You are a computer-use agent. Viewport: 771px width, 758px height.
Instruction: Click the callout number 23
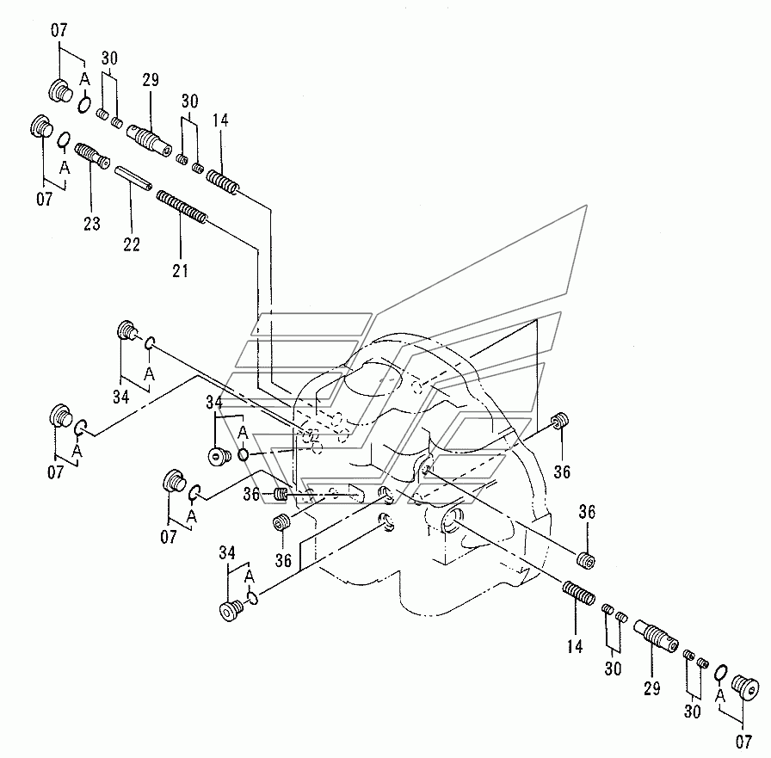tap(91, 225)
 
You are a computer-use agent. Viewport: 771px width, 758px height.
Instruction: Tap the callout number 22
tap(131, 243)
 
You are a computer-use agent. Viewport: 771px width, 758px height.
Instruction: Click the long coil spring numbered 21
tap(182, 210)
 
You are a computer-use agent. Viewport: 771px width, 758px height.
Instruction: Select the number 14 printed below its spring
tap(575, 646)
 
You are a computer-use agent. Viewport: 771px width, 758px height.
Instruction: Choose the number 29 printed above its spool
tap(151, 80)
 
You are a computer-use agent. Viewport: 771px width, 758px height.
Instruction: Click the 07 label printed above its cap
tap(59, 32)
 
